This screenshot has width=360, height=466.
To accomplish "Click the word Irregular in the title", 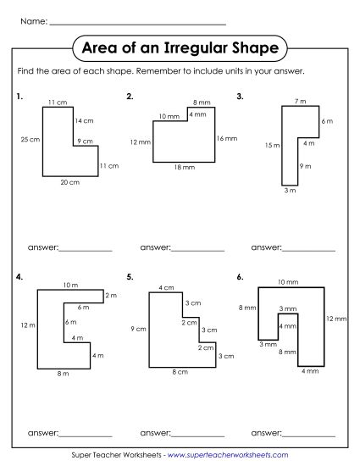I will (197, 45).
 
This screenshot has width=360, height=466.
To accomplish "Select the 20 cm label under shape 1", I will (69, 183).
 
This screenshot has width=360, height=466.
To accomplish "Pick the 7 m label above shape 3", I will (300, 102).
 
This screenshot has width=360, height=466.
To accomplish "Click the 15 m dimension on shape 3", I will (272, 145).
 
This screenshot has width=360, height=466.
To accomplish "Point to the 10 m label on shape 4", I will (69, 284).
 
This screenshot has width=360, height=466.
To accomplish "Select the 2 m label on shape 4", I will (110, 295).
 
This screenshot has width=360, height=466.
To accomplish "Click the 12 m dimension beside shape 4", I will (28, 325).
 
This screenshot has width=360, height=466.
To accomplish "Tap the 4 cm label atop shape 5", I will (167, 289).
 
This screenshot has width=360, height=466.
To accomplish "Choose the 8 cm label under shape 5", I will (180, 372).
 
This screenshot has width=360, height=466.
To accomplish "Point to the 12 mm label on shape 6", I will (336, 319).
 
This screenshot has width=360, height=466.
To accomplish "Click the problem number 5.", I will (129, 277).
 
